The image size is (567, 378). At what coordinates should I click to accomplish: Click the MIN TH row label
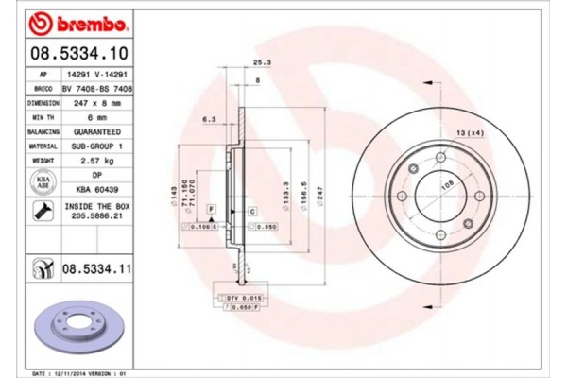[x=43, y=118]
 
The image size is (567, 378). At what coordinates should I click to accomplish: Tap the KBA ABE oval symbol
[x=43, y=183]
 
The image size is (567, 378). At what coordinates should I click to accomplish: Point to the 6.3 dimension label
[x=210, y=120]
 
